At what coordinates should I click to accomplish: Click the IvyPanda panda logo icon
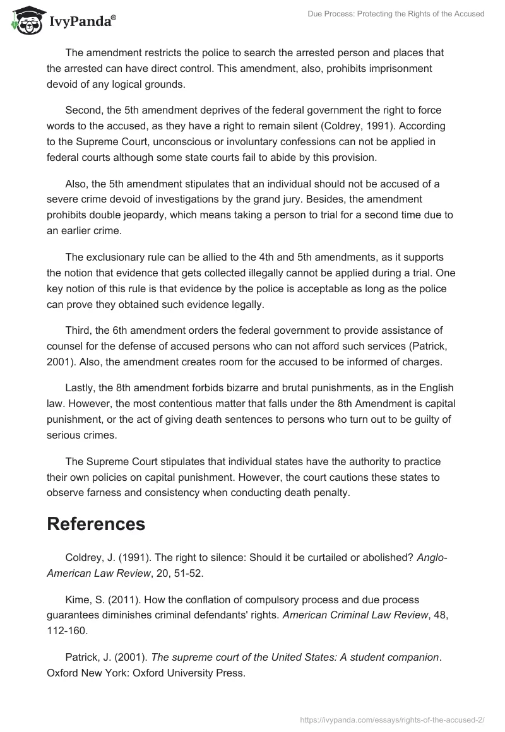25,20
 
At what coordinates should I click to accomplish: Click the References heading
96,524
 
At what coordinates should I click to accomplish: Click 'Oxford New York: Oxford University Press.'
146,673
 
